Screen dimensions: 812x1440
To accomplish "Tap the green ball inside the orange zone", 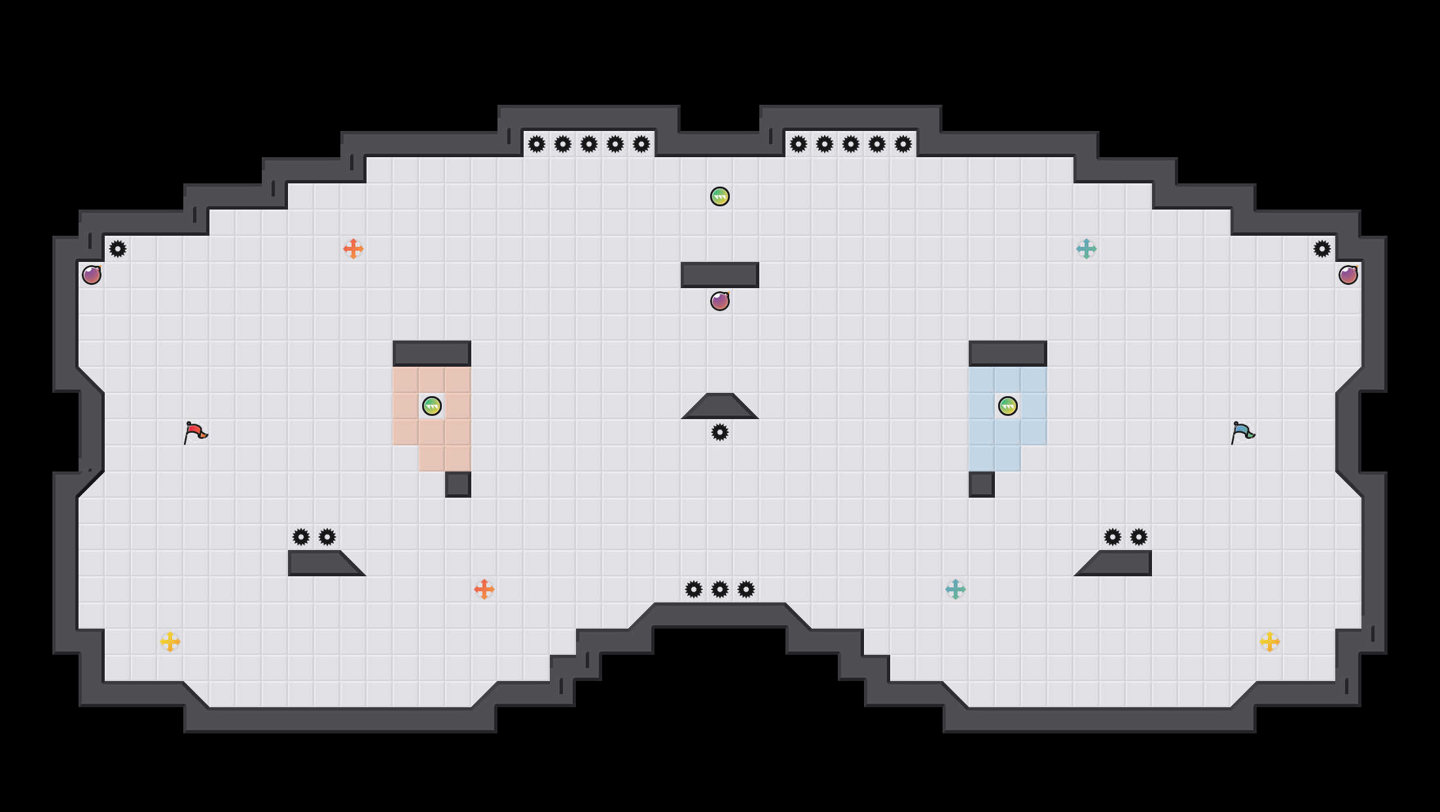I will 432,406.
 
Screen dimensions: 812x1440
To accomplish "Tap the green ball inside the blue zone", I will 1008,406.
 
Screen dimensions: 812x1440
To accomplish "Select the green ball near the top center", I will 720,196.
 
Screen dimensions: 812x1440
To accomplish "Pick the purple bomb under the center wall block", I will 720,301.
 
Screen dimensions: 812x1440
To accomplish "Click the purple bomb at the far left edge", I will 92,275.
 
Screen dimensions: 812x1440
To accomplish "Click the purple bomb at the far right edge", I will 1348,275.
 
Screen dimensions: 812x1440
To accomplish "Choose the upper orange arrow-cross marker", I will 353,249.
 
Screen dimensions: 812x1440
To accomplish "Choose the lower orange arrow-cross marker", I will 484,589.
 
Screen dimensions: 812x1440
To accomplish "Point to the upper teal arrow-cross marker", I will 1087,249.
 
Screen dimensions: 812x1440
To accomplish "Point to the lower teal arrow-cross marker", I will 956,589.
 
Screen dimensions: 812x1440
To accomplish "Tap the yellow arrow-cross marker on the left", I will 170,642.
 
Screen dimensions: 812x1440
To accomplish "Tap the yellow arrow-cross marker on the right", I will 1270,642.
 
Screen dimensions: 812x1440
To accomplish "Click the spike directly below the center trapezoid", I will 720,432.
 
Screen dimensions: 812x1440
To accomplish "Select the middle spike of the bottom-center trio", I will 720,589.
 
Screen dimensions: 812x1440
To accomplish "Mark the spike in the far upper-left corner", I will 118,249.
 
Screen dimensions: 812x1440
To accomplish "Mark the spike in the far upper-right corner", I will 1322,249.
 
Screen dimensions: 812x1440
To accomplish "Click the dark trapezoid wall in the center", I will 720,407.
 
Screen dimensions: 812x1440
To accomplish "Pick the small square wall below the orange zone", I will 458,485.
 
